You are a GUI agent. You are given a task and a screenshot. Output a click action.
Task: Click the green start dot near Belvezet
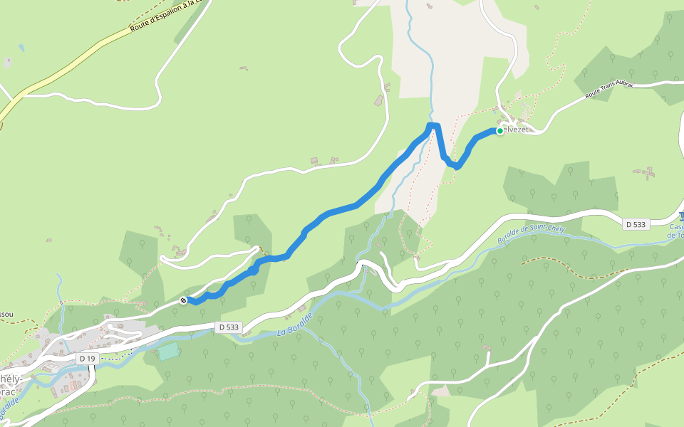499,131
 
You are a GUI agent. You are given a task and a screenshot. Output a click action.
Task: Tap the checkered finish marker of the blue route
184,301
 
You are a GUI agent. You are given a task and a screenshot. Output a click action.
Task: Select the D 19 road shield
87,359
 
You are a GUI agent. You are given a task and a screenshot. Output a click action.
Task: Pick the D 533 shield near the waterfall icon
636,224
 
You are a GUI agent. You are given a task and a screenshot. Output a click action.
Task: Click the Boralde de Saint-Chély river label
530,235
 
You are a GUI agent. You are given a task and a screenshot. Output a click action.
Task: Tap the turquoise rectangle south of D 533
168,351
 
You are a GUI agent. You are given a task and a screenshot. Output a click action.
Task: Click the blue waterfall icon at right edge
680,216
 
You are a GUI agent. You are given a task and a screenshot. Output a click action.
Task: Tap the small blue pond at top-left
21,48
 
